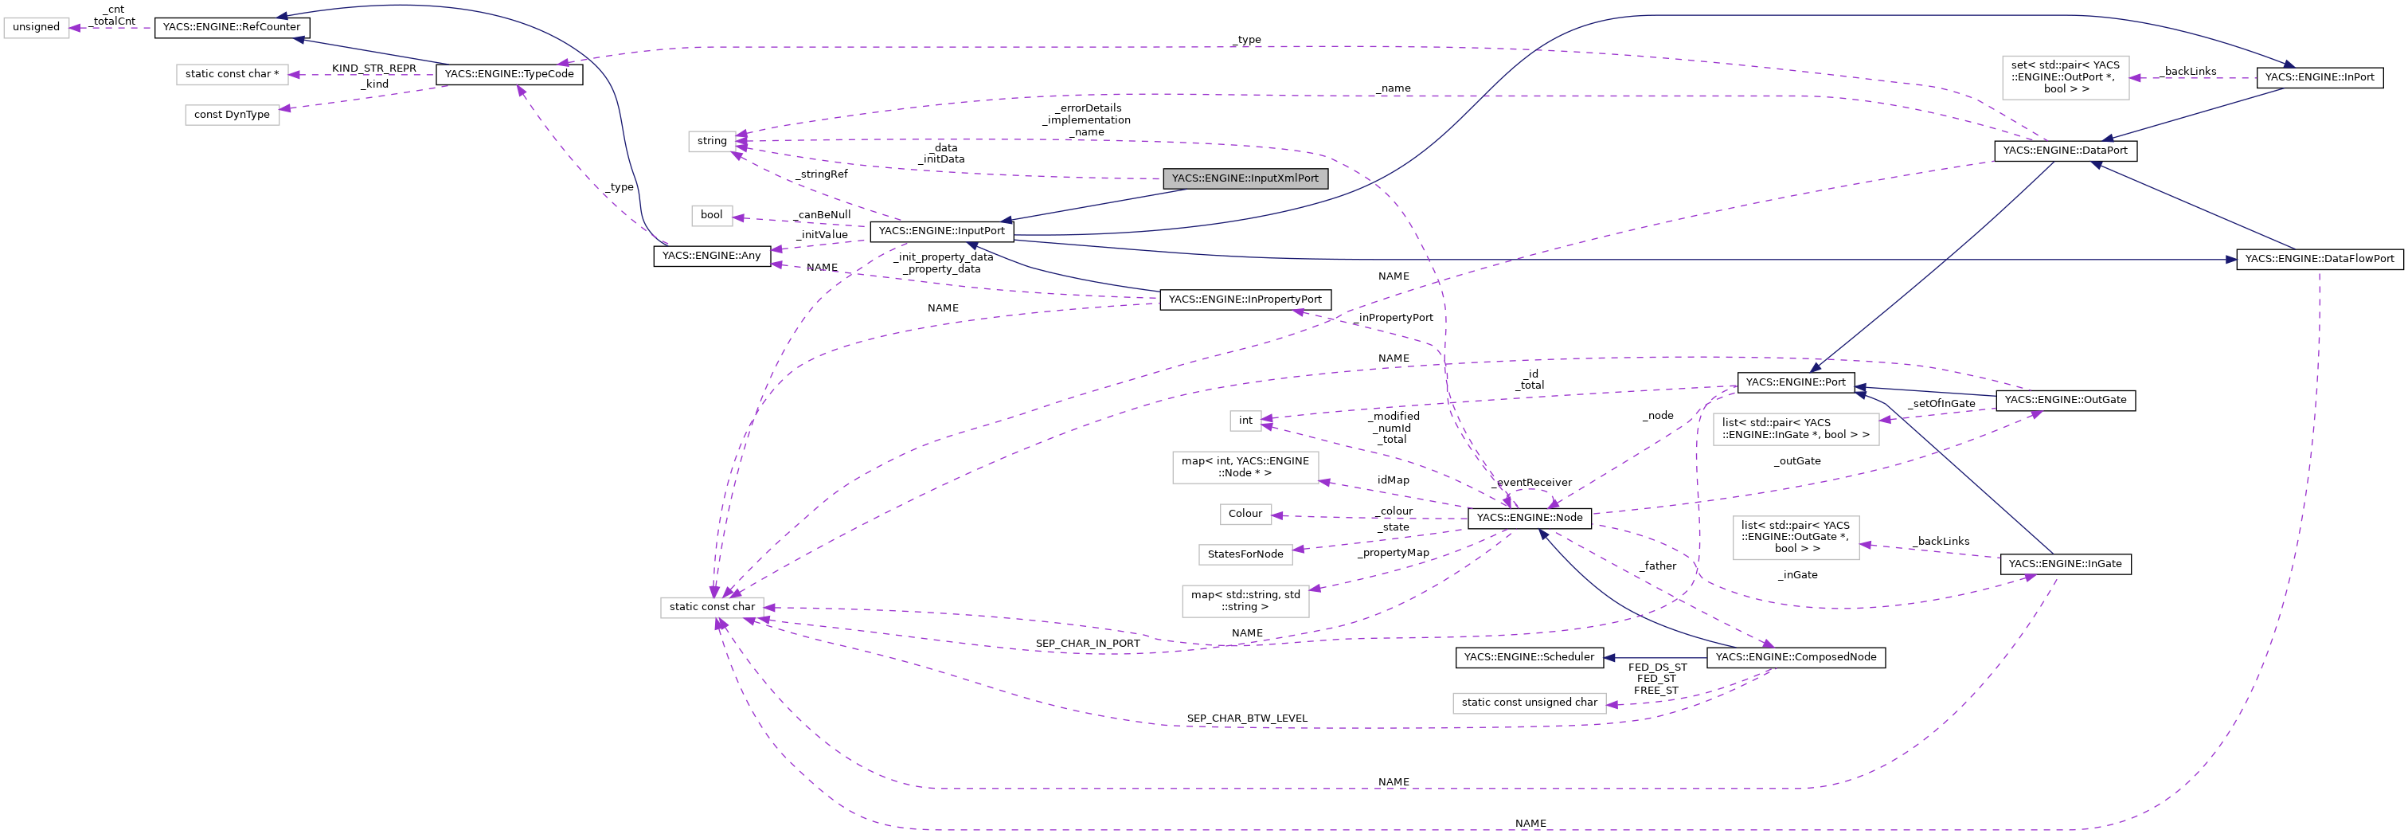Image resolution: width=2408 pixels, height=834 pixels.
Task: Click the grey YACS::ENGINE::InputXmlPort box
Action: [x=1244, y=178]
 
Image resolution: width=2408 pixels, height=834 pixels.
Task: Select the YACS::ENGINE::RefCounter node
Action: [x=231, y=27]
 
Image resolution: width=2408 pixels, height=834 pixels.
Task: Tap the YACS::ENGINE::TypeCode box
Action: [x=509, y=74]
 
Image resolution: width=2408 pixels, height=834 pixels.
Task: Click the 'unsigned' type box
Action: [x=37, y=27]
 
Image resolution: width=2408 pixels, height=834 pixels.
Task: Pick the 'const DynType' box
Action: [x=232, y=115]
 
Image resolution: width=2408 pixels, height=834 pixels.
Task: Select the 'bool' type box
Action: [x=711, y=215]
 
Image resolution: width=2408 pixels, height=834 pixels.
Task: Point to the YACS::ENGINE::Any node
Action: [x=711, y=255]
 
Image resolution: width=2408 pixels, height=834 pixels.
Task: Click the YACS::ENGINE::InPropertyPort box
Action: [x=1244, y=300]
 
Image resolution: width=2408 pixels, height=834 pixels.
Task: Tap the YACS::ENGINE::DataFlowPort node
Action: [x=2319, y=259]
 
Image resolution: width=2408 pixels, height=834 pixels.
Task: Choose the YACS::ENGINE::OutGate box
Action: [x=2065, y=400]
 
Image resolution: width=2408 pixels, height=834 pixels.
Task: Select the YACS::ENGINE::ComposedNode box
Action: [x=1795, y=657]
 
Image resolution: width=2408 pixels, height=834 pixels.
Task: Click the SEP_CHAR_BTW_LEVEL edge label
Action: [x=1246, y=718]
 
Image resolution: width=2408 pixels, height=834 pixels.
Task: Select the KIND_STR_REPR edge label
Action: [x=374, y=69]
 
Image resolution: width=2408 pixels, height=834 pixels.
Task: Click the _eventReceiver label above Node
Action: [x=1533, y=483]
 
